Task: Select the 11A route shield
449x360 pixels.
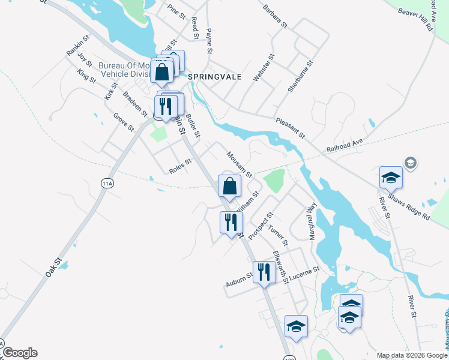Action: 107,184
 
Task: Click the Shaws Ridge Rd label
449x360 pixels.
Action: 408,206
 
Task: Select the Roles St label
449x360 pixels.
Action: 180,166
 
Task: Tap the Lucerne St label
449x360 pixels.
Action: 306,274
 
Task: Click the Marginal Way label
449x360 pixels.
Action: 312,222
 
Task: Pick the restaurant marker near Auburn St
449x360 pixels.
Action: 264,272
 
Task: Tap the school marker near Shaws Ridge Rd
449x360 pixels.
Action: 390,178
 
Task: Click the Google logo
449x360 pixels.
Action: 20,353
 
